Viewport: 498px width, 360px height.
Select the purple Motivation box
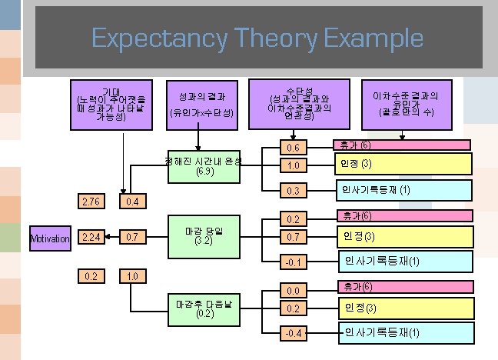50,238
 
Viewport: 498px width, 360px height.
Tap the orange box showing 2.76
91,202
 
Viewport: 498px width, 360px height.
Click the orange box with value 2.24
91,238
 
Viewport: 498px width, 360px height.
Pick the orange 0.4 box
132,202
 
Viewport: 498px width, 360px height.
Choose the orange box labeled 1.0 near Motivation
132,275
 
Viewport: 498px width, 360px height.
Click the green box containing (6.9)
204,166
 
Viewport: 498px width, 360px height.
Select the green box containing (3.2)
204,237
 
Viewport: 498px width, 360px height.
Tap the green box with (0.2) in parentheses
204,308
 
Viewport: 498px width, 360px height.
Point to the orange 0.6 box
293,148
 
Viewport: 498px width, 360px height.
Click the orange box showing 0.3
293,190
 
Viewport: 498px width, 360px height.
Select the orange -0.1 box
293,262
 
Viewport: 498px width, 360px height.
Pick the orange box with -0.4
293,333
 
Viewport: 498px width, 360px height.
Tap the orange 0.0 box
293,291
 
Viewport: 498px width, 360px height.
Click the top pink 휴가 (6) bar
400,145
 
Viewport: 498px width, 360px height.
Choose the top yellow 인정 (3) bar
400,164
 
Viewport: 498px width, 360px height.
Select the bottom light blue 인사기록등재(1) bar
404,332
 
